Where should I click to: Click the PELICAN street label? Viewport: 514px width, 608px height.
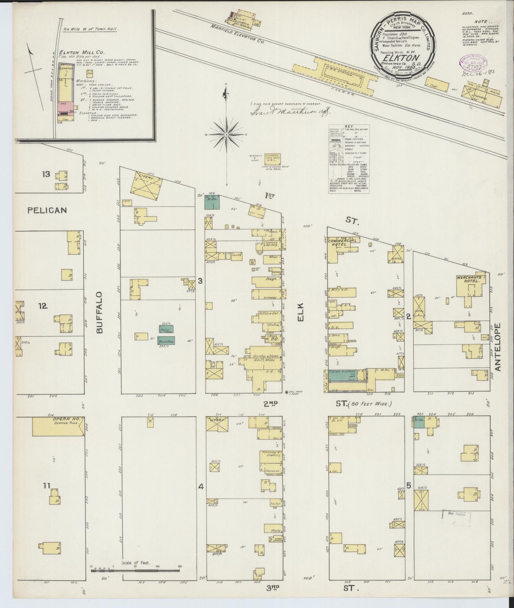click(47, 210)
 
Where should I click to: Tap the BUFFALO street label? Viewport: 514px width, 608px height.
click(100, 312)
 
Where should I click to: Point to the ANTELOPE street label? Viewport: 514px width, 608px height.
click(497, 347)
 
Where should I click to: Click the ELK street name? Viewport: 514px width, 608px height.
click(301, 313)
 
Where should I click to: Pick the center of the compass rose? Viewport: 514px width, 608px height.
click(226, 135)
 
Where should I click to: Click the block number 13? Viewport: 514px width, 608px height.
click(46, 174)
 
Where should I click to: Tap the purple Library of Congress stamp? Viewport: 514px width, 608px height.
click(467, 63)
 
